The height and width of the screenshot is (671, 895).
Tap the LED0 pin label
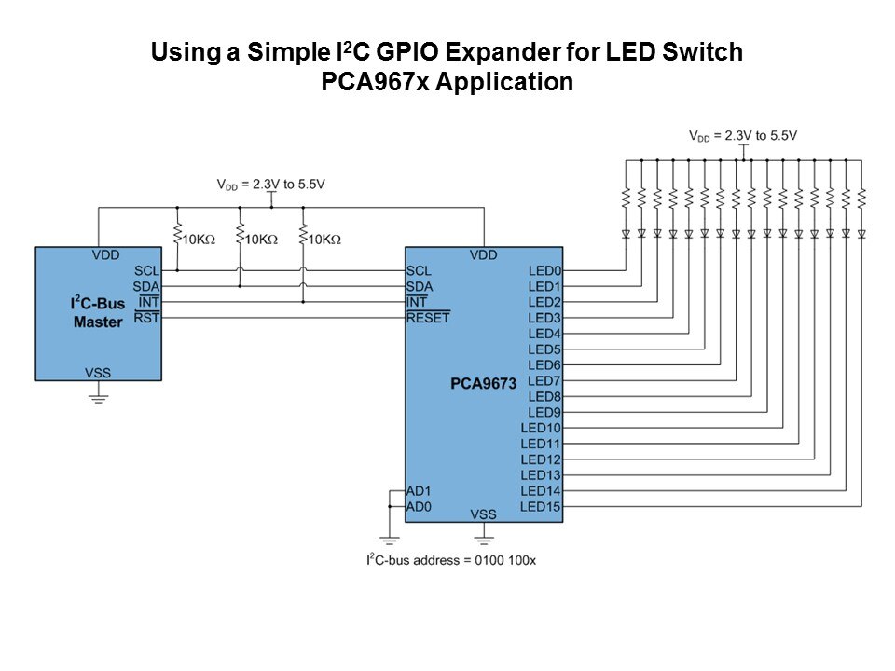544,271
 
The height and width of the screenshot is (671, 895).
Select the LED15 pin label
541,506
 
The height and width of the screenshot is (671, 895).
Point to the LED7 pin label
544,380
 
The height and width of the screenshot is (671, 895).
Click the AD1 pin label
419,490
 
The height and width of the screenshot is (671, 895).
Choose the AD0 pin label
419,506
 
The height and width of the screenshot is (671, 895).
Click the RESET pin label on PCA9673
428,318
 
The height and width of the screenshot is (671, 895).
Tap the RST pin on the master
147,318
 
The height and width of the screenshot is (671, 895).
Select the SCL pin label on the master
146,270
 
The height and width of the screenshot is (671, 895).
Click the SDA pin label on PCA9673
420,286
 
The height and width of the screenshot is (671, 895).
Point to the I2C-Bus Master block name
97,312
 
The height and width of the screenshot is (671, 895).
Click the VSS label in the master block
98,373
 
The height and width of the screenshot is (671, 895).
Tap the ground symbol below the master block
98,397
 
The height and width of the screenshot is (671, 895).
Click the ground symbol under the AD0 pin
389,540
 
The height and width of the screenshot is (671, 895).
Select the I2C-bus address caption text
450,560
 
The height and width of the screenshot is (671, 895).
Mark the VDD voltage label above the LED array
743,135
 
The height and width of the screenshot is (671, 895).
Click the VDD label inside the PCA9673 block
483,254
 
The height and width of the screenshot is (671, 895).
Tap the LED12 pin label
541,459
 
